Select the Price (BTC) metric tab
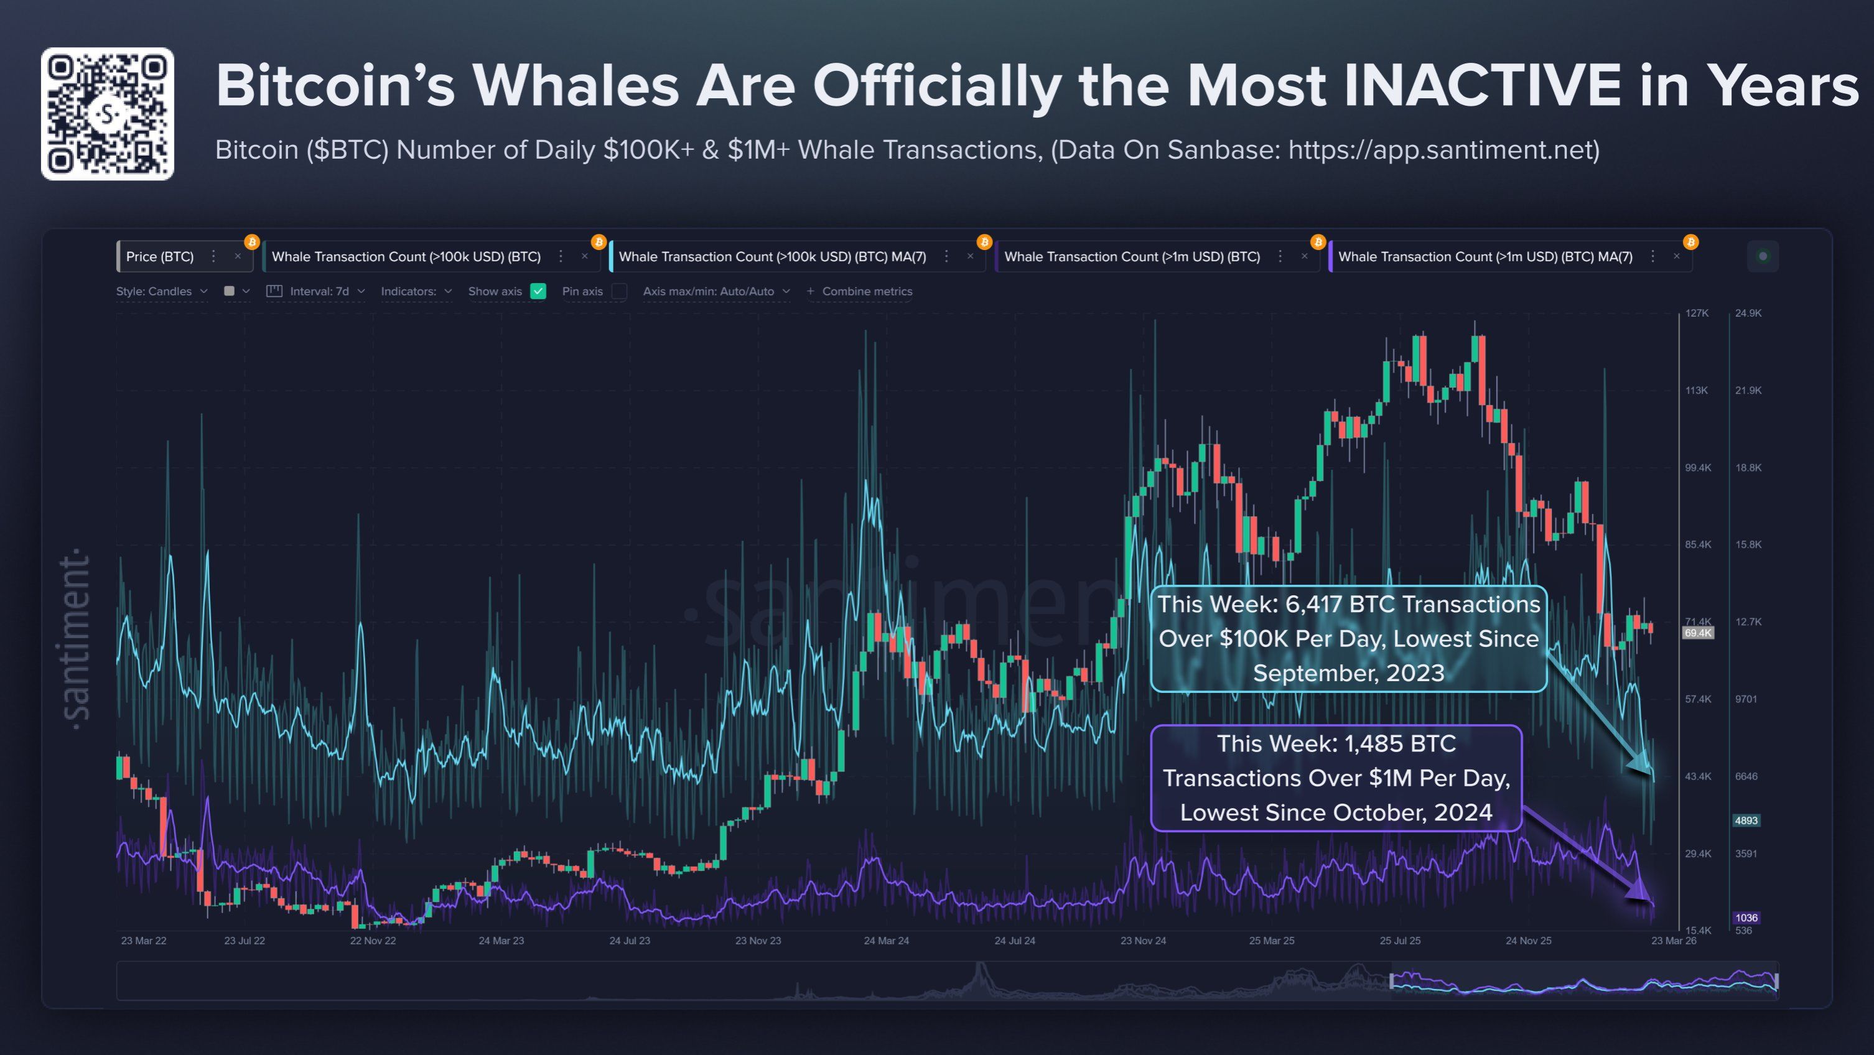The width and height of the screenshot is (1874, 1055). point(160,257)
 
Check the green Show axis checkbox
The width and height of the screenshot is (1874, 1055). point(538,291)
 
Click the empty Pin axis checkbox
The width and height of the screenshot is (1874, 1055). point(619,291)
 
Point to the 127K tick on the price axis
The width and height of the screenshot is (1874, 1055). point(1697,313)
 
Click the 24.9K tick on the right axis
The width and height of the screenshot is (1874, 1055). point(1748,313)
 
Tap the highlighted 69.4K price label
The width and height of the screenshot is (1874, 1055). point(1697,633)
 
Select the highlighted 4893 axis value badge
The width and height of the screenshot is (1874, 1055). point(1746,820)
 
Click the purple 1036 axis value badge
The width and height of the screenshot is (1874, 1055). point(1746,918)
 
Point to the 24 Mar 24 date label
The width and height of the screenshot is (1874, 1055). point(886,941)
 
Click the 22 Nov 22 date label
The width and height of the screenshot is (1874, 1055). point(373,941)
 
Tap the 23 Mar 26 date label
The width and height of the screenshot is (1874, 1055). point(1673,941)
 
